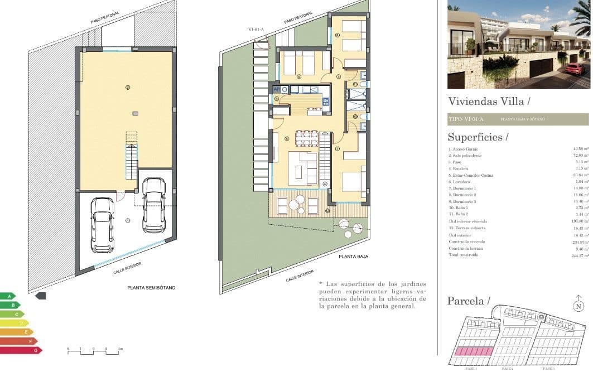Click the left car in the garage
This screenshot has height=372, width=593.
(102, 224)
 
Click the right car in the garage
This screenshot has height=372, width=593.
(154, 205)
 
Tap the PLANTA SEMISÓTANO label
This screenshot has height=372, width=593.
(151, 288)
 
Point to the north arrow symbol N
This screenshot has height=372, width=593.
(578, 306)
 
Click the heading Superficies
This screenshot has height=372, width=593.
(478, 137)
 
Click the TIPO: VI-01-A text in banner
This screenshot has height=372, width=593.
(466, 119)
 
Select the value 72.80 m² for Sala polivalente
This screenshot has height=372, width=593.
(581, 155)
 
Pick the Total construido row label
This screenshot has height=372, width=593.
(463, 255)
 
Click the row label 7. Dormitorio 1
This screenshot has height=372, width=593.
(462, 188)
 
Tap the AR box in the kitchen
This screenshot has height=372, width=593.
(276, 89)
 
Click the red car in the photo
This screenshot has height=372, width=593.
(574, 69)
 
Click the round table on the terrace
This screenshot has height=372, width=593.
(300, 199)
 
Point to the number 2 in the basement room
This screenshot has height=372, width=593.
(128, 88)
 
